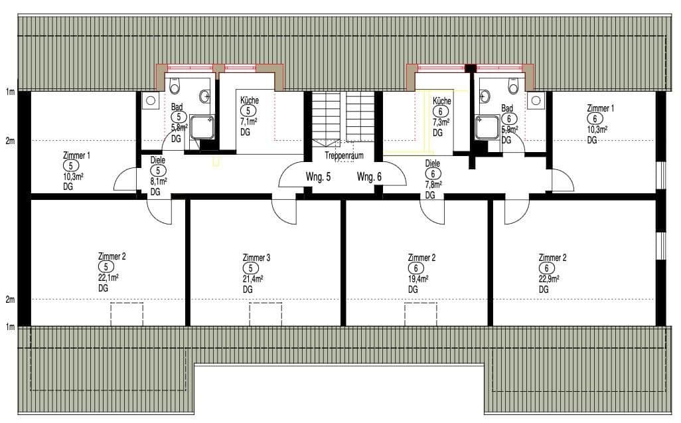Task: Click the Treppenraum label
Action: click(x=344, y=155)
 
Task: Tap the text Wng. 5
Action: click(x=318, y=177)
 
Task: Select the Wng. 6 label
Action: click(x=369, y=177)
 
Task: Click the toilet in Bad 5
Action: click(x=176, y=86)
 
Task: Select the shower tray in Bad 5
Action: click(x=204, y=126)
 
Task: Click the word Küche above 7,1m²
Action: click(x=250, y=100)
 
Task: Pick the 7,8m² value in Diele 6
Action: click(x=433, y=185)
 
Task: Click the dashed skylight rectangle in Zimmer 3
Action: click(x=265, y=313)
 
